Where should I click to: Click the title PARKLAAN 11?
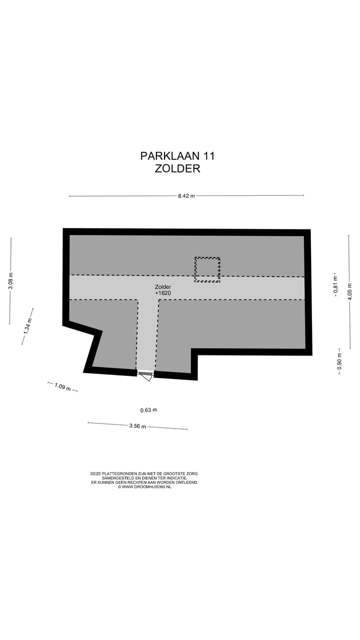coord(177,156)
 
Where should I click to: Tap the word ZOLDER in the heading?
coord(177,168)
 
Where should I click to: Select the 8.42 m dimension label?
coord(186,196)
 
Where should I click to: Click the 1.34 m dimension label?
coord(28,326)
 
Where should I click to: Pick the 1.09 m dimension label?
coord(62,386)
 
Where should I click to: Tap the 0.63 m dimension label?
coord(148,410)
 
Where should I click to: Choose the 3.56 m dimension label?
coord(137,426)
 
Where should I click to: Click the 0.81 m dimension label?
coord(335,284)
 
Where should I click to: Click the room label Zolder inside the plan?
coord(162,287)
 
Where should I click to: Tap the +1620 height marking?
coord(163,293)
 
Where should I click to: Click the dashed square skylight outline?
coord(207,269)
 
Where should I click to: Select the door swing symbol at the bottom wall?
coord(146,376)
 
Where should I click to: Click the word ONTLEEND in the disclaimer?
coord(187,482)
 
